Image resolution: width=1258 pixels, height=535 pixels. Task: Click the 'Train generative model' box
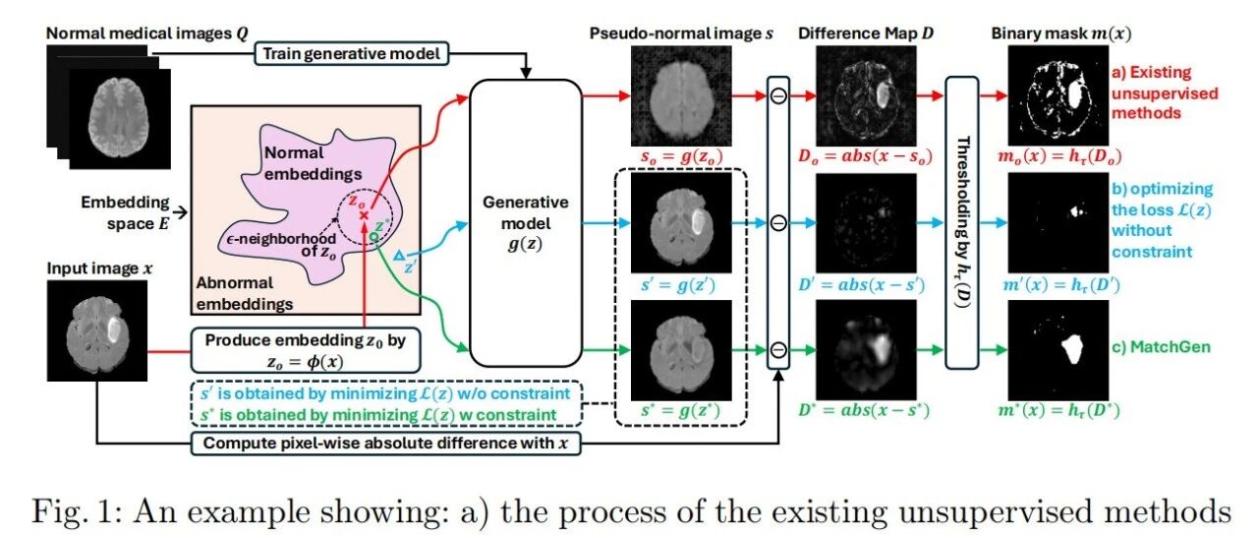coord(352,54)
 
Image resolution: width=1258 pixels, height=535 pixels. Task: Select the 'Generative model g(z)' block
coord(526,223)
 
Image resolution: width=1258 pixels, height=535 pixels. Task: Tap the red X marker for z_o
coord(364,215)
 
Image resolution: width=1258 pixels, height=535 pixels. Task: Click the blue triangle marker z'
coord(399,256)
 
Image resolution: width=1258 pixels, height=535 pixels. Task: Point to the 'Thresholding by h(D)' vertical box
coord(962,222)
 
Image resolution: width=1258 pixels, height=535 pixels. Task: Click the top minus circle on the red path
coord(778,96)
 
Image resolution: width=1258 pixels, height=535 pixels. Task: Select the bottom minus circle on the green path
coord(778,350)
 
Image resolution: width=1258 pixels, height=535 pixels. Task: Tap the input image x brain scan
coord(97,330)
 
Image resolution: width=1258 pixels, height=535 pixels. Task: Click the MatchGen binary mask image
coord(1058,350)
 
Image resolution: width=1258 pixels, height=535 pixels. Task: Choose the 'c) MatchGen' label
coord(1161,347)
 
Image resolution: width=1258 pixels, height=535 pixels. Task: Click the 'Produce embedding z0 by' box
coord(306,350)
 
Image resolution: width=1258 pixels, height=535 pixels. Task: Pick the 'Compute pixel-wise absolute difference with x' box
coord(386,444)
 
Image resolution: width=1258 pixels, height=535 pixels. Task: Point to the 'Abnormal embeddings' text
coord(245,293)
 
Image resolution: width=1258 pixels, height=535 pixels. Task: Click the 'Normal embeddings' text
coord(313,163)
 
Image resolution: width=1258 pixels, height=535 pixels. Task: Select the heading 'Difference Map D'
coord(866,33)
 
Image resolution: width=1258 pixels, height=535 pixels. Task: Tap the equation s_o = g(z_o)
coord(681,156)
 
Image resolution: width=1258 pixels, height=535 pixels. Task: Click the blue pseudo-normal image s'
coord(681,222)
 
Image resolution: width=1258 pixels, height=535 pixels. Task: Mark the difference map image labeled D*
coord(866,350)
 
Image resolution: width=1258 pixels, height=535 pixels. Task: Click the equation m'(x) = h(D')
coord(1060,285)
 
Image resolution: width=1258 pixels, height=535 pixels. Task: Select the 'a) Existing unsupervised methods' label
coord(1165,92)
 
